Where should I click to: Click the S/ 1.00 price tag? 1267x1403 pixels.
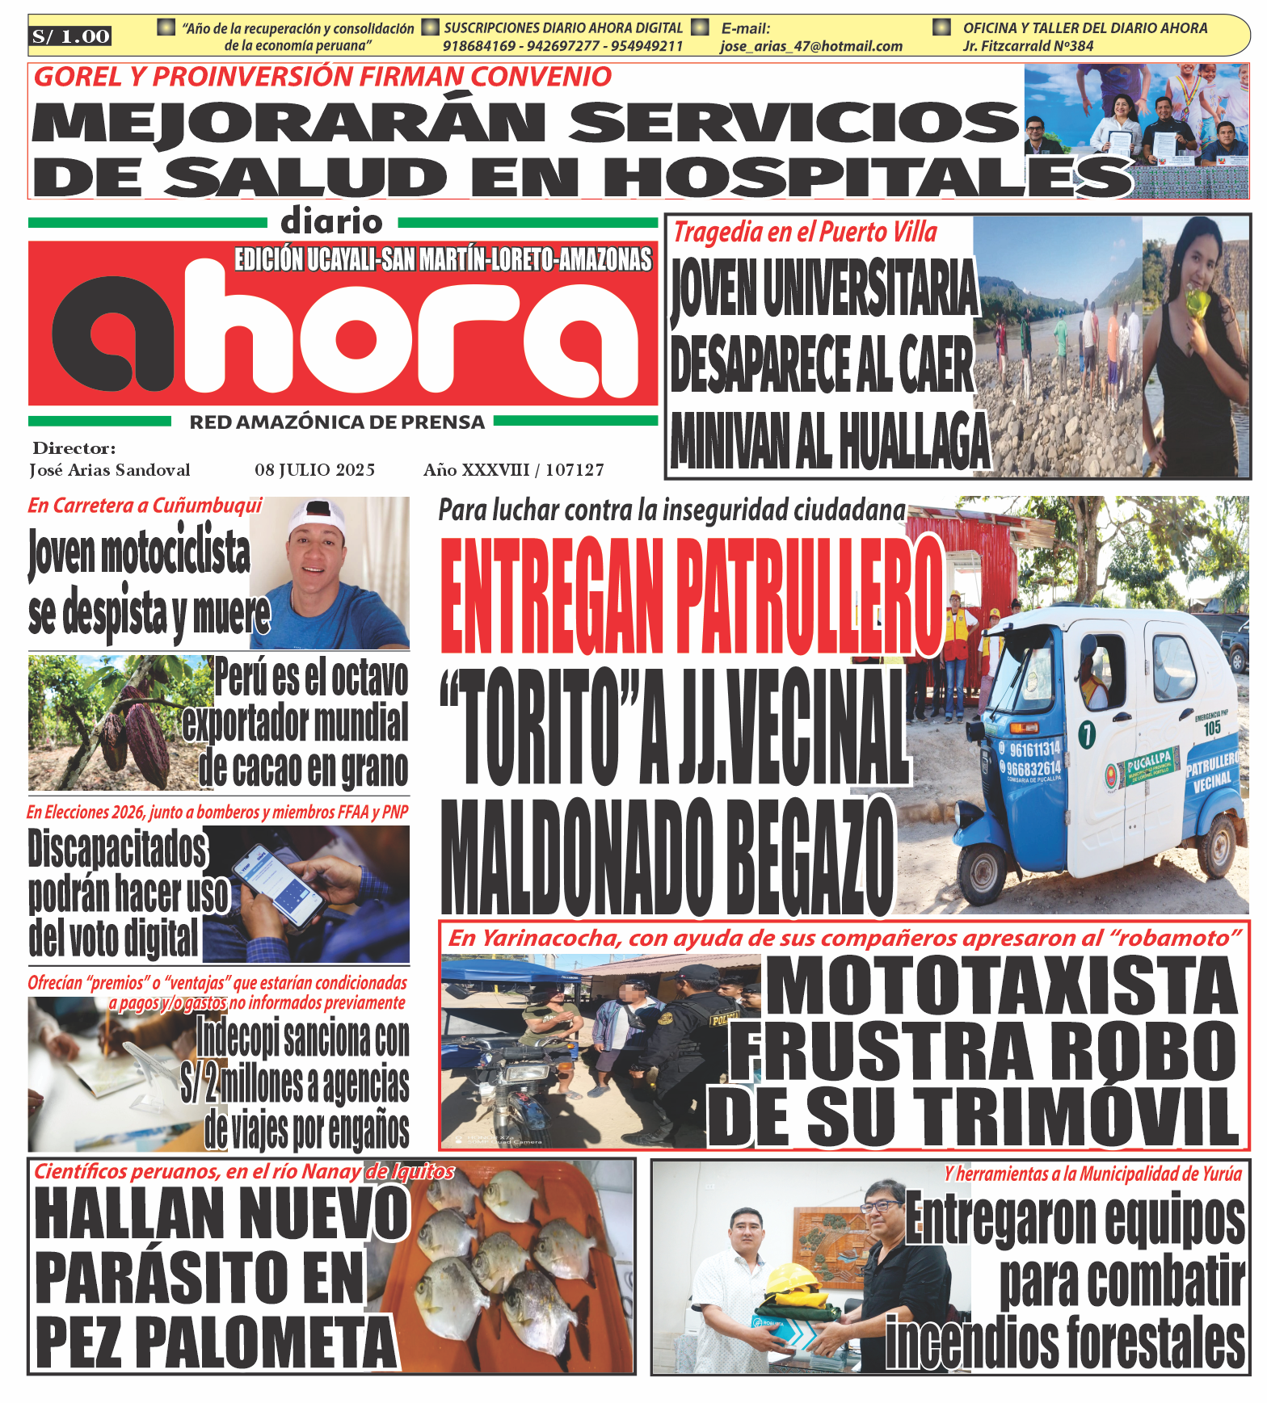pos(70,36)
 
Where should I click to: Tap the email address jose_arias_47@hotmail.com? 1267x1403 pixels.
pos(811,46)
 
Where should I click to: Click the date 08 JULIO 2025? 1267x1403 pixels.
pos(314,470)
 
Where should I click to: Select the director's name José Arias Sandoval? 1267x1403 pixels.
pos(110,470)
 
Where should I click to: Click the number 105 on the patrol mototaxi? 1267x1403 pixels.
pos(1211,728)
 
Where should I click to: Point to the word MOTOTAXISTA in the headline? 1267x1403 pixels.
pos(1002,986)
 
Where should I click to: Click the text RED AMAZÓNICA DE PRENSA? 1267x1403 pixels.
pos(337,422)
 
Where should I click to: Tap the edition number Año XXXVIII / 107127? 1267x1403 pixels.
pos(513,470)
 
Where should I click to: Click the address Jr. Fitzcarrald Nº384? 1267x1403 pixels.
pos(1027,46)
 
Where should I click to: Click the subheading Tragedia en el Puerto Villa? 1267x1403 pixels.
pos(805,233)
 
